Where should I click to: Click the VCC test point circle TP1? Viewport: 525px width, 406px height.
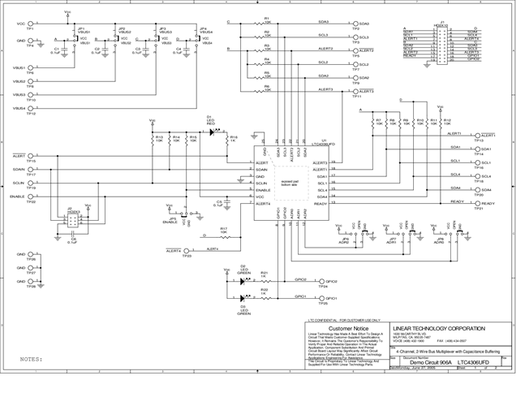32,23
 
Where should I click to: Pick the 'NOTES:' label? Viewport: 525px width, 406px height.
31,357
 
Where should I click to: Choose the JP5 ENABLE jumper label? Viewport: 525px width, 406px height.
170,221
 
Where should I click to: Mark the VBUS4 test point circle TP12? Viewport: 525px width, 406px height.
32,108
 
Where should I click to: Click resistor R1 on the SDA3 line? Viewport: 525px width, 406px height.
267,22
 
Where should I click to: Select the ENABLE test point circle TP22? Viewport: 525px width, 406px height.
32,197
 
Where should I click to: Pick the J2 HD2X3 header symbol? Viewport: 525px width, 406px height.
72,222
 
